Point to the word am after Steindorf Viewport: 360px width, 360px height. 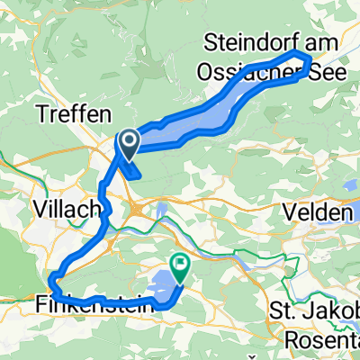pyautogui.click(x=316, y=41)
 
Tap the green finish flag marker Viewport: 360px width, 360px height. pyautogui.click(x=179, y=266)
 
